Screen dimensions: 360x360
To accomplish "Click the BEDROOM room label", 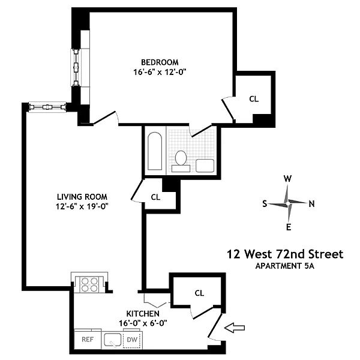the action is tap(160, 62).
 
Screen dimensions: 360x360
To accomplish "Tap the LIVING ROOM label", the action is tap(82, 197).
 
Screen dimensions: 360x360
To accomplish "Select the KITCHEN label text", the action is tap(143, 313).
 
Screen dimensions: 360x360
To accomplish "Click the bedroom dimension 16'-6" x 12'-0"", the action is tap(160, 72).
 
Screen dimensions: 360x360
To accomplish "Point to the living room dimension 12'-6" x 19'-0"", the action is tap(82, 206).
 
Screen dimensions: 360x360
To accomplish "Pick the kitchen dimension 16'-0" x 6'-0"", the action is tap(143, 323).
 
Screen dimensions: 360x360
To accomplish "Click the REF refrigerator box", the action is tap(88, 339).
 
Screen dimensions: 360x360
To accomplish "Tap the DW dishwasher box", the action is tap(132, 340).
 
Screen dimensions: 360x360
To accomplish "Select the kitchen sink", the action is tap(113, 340).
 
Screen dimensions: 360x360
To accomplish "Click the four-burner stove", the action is tap(89, 284).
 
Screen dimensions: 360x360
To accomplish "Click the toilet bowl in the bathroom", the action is tap(181, 158).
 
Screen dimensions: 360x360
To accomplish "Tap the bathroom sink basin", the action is tap(205, 166).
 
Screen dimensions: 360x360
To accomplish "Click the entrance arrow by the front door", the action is tap(235, 328).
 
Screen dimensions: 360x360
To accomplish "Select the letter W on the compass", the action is tap(287, 178).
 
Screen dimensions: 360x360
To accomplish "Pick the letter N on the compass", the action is tap(311, 203).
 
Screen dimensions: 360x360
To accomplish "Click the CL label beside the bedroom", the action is tap(254, 99).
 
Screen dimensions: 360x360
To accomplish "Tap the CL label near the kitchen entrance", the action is tap(199, 293).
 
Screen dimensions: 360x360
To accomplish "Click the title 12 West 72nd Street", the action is tap(285, 254).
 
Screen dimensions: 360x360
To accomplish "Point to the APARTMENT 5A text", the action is tap(284, 266).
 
